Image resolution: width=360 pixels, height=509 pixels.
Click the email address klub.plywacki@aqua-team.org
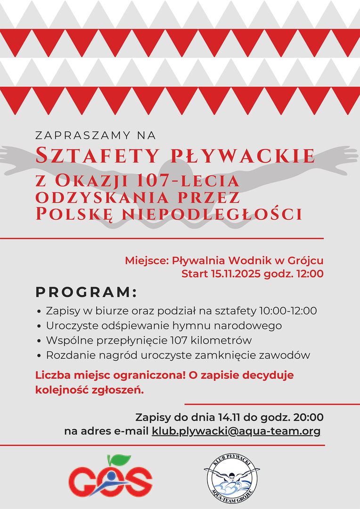click(x=236, y=431)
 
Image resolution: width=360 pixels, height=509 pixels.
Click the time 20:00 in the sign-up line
click(x=308, y=418)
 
